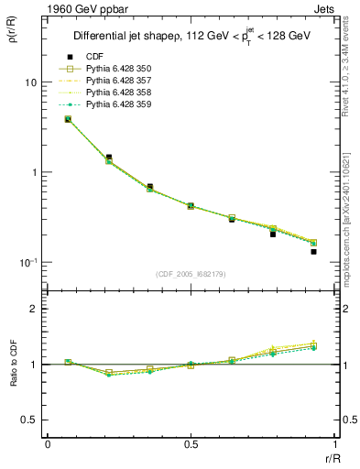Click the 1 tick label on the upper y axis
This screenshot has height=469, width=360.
(32, 172)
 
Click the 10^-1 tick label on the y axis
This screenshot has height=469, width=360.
(27, 262)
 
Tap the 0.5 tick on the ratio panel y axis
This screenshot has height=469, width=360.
(28, 420)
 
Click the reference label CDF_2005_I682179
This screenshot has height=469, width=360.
(191, 274)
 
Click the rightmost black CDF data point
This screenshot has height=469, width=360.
(313, 251)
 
